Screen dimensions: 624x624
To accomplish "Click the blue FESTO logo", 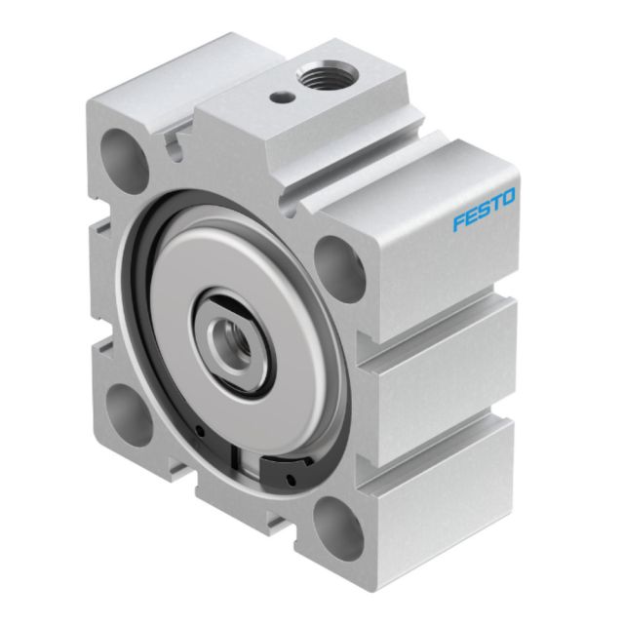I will click(484, 210).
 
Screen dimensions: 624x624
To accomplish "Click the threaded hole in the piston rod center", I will click(231, 336).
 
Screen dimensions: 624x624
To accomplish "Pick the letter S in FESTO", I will click(484, 210).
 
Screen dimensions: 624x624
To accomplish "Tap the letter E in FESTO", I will click(471, 216).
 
